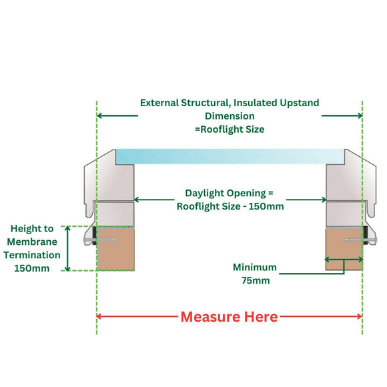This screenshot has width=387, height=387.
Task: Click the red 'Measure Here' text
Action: click(229, 316)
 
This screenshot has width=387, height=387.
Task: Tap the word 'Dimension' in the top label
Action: click(229, 116)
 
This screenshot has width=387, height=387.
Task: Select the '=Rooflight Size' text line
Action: click(229, 129)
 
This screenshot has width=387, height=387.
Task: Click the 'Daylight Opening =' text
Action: click(230, 193)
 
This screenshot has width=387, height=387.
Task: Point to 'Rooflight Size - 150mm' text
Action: click(230, 206)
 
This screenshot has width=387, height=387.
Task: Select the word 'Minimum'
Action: click(254, 268)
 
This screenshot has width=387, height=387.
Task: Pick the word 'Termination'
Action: click(31, 255)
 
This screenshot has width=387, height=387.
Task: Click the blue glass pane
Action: click(230, 156)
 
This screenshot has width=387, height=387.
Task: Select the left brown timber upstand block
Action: click(117, 249)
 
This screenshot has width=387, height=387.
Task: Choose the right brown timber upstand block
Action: click(344, 249)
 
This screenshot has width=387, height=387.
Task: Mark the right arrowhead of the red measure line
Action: click(358, 316)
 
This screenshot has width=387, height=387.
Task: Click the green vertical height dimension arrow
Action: click(68, 249)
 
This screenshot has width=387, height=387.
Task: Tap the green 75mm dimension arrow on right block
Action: click(344, 260)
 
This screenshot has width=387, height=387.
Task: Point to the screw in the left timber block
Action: click(107, 239)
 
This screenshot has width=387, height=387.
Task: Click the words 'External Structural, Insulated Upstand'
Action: click(229, 103)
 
